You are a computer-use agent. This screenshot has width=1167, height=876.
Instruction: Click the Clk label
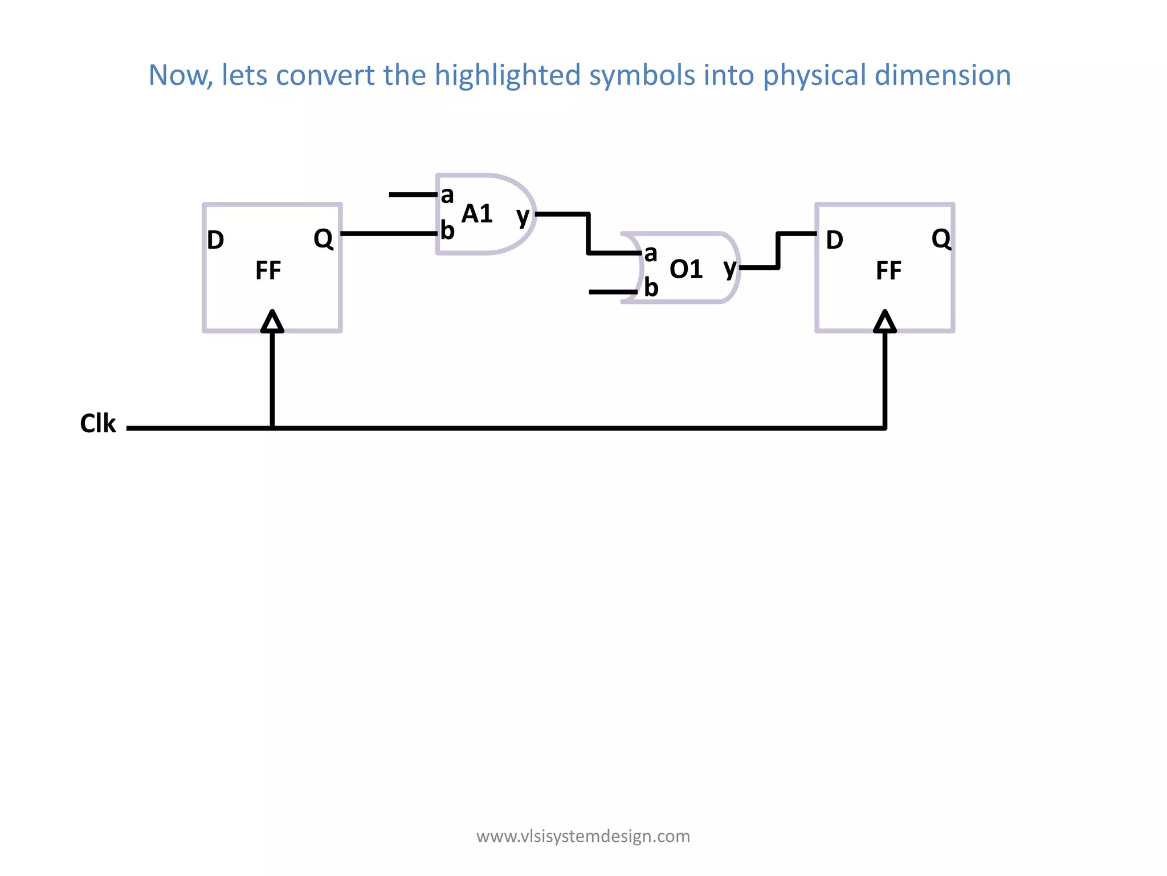(x=98, y=424)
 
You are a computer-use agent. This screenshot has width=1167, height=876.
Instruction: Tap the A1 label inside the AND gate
(x=477, y=214)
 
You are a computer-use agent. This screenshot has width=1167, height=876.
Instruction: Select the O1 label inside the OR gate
(x=686, y=269)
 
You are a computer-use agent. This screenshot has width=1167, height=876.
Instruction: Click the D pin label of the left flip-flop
(x=215, y=240)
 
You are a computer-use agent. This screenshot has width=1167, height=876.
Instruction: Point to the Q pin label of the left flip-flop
(x=323, y=239)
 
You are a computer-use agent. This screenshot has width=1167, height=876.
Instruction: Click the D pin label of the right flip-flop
(x=835, y=240)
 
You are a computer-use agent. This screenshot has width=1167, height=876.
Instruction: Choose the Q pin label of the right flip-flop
(x=941, y=239)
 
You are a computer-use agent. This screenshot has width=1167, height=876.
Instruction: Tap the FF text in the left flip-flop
(x=268, y=270)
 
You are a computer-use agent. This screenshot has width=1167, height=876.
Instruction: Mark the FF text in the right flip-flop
(x=888, y=270)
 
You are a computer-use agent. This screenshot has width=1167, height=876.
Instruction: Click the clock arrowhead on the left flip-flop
(x=272, y=322)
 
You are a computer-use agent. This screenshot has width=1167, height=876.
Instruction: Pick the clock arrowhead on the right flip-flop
(x=885, y=322)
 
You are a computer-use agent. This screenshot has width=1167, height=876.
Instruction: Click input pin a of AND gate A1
(x=447, y=195)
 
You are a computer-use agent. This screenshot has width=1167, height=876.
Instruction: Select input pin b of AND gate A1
(x=447, y=231)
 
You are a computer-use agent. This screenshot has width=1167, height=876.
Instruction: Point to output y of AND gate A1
(x=523, y=216)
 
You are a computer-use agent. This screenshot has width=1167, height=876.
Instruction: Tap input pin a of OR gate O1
(x=650, y=253)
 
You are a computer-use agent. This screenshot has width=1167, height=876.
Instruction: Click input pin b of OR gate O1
(x=651, y=288)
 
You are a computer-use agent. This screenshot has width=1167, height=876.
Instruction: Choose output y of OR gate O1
(x=729, y=267)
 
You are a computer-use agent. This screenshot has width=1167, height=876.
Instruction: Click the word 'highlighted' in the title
(x=508, y=75)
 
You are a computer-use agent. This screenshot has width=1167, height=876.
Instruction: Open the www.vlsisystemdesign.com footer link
(x=583, y=836)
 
